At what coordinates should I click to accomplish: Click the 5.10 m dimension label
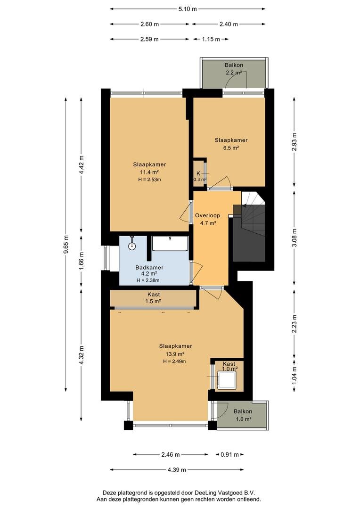(188, 9)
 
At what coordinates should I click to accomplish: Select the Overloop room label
(207, 215)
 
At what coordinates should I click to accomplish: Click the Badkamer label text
(149, 268)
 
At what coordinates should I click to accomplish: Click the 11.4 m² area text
(149, 172)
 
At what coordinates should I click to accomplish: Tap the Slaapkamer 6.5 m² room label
(231, 144)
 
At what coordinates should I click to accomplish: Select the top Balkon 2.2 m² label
(234, 69)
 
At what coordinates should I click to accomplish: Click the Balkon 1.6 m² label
(243, 415)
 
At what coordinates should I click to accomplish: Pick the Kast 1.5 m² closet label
(154, 298)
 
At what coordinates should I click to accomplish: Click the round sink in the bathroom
(132, 246)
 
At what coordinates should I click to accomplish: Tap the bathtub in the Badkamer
(170, 244)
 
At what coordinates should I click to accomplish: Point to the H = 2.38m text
(148, 280)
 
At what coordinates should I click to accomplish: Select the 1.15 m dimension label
(211, 39)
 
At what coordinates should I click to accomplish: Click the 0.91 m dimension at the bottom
(230, 455)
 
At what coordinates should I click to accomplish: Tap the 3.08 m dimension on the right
(294, 238)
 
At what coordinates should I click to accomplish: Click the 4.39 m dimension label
(177, 470)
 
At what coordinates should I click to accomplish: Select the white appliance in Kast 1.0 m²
(227, 380)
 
